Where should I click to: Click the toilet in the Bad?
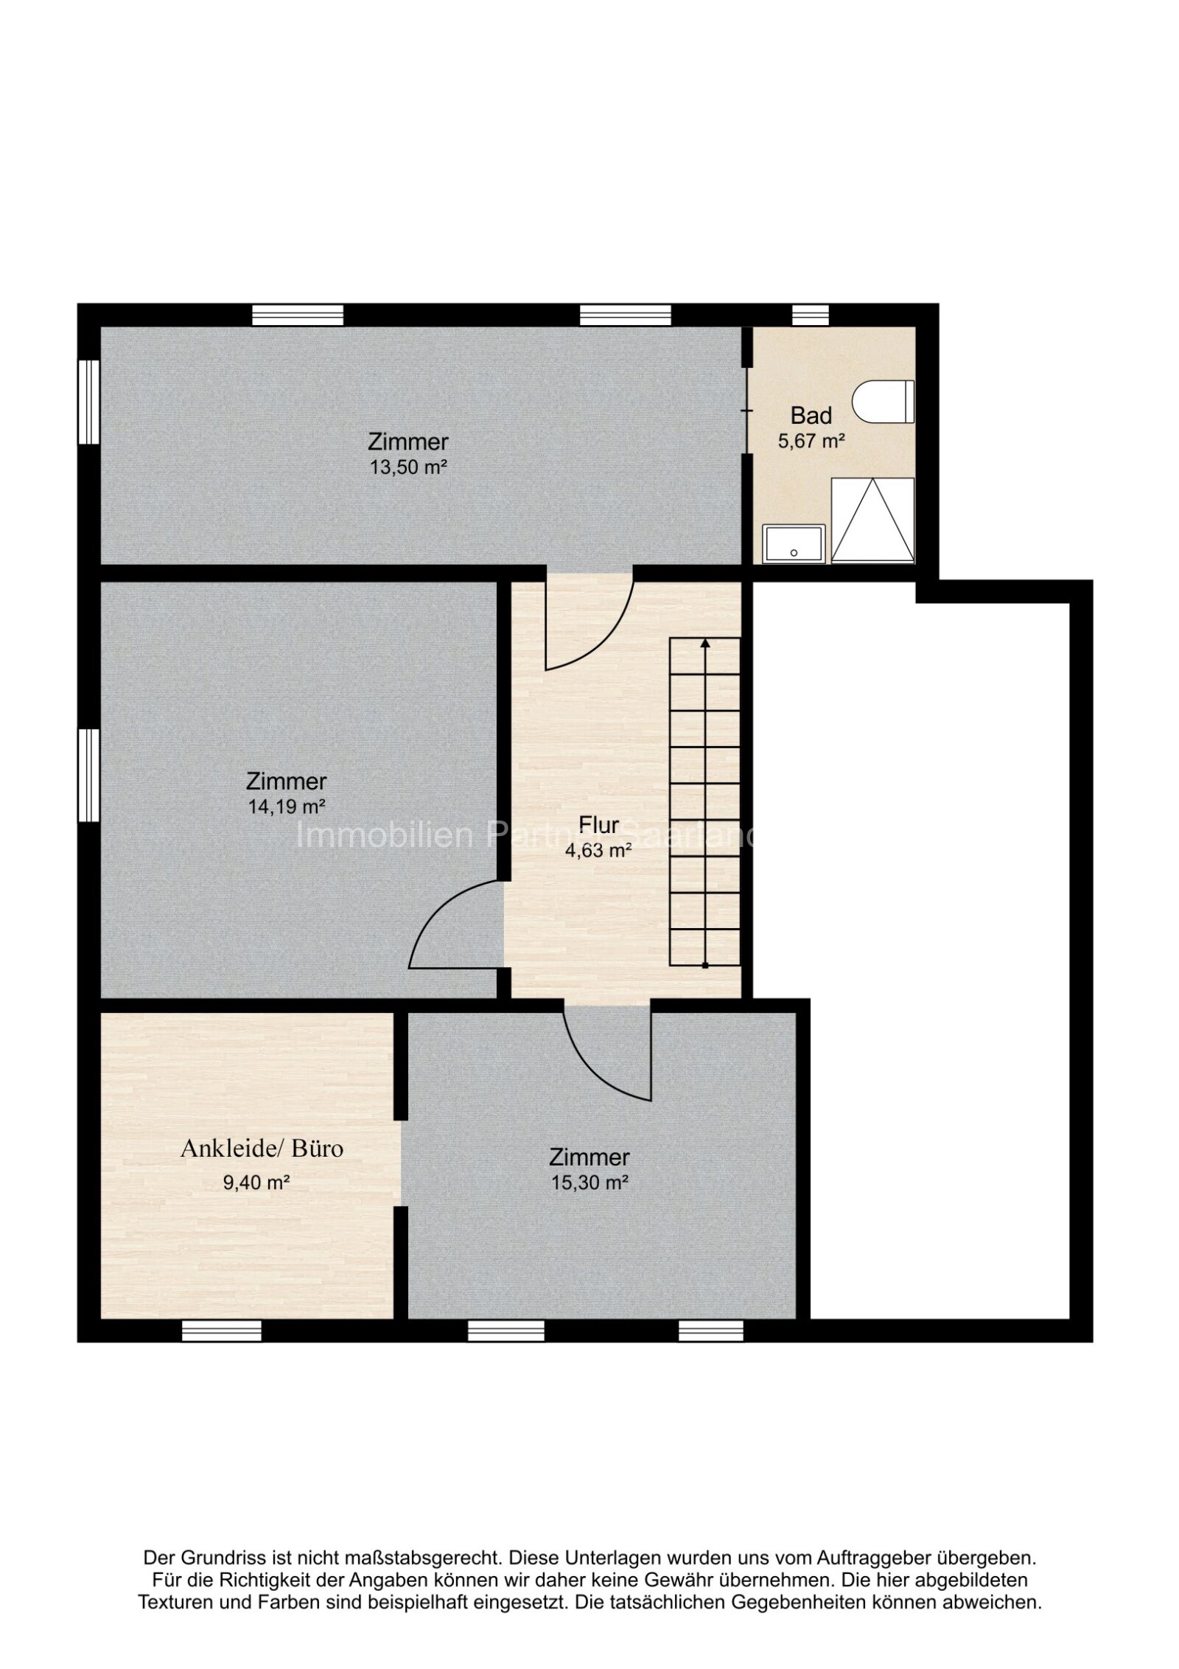click(883, 402)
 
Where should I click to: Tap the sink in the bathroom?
click(794, 543)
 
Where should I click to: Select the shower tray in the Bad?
click(872, 520)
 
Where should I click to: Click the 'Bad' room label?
click(811, 416)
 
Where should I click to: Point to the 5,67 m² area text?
click(811, 442)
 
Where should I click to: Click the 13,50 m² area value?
click(408, 467)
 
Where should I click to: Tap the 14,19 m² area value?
click(286, 806)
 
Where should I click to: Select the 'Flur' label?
click(598, 825)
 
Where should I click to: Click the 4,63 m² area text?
click(598, 851)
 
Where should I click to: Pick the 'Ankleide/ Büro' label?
click(262, 1149)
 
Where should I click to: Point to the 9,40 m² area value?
click(256, 1182)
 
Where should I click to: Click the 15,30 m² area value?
click(589, 1182)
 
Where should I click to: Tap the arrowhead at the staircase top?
click(705, 644)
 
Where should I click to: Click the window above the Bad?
click(810, 316)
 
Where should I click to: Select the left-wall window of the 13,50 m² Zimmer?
click(88, 402)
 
